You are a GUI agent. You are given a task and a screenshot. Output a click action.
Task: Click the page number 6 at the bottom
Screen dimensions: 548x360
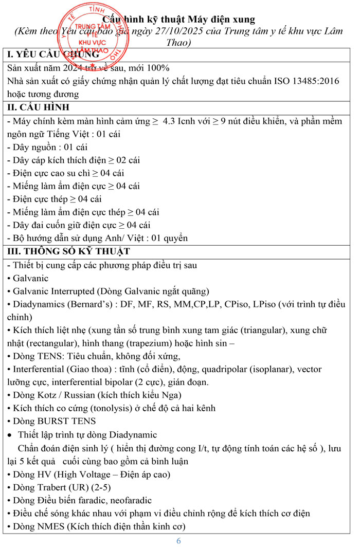[179, 541]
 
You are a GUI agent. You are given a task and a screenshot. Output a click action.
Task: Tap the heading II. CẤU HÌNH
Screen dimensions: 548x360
[38, 107]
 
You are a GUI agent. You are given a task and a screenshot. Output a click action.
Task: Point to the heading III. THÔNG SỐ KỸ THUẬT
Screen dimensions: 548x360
[68, 251]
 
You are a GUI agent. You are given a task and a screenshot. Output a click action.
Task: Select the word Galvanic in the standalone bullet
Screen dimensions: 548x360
[31, 278]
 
